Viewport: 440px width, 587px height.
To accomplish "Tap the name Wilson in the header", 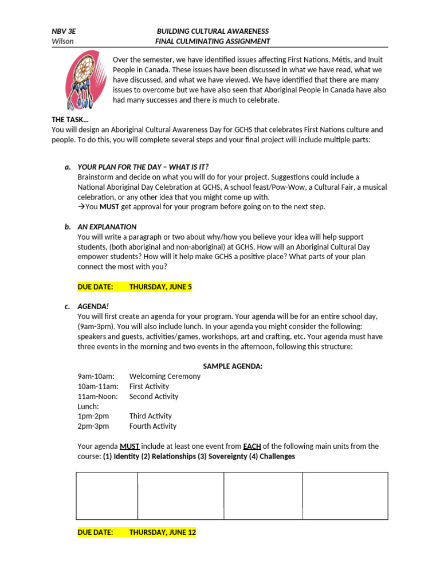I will (62, 41).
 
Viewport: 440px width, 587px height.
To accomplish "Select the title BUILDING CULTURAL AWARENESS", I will (213, 31).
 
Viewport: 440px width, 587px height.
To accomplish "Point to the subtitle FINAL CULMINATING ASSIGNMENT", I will (213, 41).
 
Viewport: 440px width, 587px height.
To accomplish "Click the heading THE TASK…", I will (70, 120).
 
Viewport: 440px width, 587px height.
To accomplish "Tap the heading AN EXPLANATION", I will (107, 227).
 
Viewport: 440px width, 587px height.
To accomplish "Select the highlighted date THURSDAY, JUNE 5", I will (160, 287).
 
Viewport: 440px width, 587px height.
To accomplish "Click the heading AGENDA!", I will (93, 307).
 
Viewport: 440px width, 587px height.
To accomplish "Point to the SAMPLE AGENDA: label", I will (233, 366).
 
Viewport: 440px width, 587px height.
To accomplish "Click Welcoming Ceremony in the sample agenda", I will (165, 377).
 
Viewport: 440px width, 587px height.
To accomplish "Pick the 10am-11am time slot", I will (98, 386).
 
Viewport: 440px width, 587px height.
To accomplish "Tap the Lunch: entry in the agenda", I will (88, 406).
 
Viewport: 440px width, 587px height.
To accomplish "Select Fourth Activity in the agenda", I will (153, 426).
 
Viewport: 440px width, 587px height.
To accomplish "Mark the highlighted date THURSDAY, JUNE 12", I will (162, 533).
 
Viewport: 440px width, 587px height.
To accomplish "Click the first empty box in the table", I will (107, 496).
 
